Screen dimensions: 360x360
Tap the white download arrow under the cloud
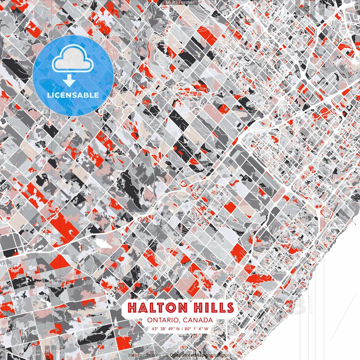pyautogui.click(x=69, y=81)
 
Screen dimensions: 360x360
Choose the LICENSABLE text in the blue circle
pyautogui.click(x=73, y=95)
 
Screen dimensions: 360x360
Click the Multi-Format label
pyautogui.click(x=180, y=3)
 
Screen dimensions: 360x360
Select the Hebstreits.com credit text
pyautogui.click(x=145, y=355)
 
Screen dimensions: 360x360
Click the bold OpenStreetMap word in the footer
pyautogui.click(x=187, y=355)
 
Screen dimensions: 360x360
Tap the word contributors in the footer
pyautogui.click(x=219, y=355)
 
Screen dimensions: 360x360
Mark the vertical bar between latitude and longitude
pyautogui.click(x=182, y=328)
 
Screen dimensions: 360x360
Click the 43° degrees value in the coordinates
pyautogui.click(x=155, y=328)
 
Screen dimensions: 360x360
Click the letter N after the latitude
pyautogui.click(x=178, y=328)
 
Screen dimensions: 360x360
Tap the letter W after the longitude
pyautogui.click(x=206, y=328)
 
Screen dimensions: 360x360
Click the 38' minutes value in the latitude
pyautogui.click(x=163, y=328)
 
